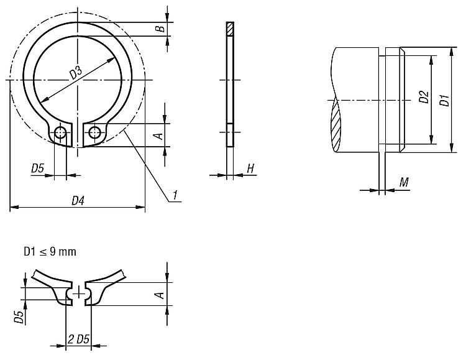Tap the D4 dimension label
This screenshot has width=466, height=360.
point(78,201)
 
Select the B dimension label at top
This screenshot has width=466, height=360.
point(160,29)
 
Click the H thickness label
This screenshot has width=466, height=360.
point(250,168)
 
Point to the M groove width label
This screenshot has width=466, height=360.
point(404,182)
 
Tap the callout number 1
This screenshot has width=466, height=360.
point(175,195)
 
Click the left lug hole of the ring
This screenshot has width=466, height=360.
point(60,132)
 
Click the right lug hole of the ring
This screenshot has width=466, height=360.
point(94,132)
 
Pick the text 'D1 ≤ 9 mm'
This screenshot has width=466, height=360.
point(50,252)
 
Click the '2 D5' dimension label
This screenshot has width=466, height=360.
point(79,339)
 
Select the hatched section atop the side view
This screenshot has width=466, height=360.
point(230,29)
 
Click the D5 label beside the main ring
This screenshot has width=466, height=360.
point(37,168)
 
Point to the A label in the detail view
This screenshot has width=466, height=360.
point(160,295)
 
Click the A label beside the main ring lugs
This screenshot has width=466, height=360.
point(160,136)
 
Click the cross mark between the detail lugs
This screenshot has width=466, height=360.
point(79,292)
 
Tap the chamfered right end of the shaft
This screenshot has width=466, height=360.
point(402,100)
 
